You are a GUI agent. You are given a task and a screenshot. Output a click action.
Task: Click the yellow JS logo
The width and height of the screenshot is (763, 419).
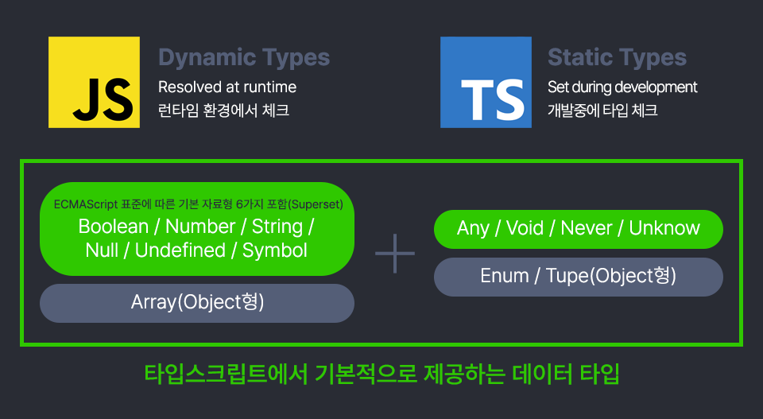click(x=94, y=82)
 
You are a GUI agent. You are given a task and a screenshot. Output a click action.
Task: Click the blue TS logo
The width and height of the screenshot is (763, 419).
click(x=486, y=82)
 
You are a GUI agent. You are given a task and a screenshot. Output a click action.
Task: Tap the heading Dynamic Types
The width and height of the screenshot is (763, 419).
click(x=244, y=57)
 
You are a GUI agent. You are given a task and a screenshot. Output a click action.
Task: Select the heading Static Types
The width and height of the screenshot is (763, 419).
click(x=617, y=57)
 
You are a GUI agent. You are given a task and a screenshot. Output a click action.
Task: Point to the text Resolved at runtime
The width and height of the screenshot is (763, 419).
click(x=227, y=87)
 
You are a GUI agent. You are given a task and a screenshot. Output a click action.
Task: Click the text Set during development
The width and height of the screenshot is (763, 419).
click(x=622, y=87)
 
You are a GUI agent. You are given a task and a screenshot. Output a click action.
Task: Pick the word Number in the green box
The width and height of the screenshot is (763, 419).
click(x=200, y=227)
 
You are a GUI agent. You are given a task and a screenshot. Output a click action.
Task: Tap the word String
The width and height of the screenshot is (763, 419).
click(x=277, y=227)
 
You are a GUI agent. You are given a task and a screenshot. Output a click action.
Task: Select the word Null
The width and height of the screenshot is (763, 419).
click(x=102, y=250)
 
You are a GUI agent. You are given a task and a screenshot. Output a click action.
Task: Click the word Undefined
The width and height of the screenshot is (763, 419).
click(x=180, y=250)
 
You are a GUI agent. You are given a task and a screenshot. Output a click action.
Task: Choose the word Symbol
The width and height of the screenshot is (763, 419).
click(x=275, y=250)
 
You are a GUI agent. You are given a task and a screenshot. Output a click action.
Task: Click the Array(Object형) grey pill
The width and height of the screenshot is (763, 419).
click(x=197, y=303)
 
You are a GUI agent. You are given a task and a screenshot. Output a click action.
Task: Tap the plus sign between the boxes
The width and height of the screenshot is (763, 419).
click(x=395, y=254)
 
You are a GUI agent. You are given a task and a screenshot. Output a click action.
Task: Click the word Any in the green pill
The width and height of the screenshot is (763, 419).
click(x=473, y=229)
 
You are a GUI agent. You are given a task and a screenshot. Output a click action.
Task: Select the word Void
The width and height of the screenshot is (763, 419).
click(x=525, y=229)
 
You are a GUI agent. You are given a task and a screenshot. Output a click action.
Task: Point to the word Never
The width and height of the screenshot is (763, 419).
click(x=587, y=229)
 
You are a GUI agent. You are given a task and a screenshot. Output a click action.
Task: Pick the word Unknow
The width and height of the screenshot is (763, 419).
click(x=664, y=229)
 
